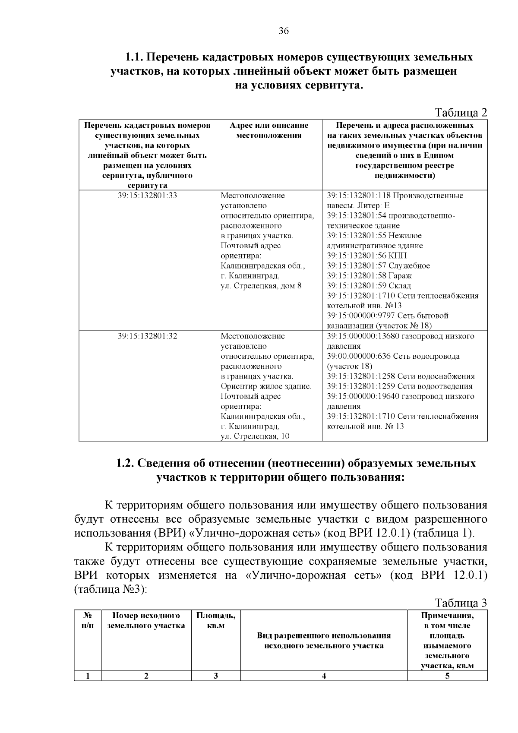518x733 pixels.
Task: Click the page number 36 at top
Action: [284, 31]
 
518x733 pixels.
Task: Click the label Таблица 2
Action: [461, 113]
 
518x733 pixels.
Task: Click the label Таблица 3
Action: [461, 603]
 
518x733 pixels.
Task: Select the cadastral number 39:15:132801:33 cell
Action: [147, 196]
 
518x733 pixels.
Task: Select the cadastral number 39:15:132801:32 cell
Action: [147, 336]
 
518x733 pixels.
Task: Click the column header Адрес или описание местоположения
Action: [268, 130]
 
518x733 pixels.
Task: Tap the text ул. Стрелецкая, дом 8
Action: [261, 286]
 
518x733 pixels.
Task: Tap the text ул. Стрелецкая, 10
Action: [255, 436]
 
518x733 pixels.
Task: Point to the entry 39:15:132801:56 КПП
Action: [367, 256]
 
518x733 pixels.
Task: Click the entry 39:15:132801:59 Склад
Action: [369, 286]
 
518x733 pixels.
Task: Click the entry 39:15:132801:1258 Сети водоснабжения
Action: [401, 376]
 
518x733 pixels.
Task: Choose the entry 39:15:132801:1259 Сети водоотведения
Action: [400, 386]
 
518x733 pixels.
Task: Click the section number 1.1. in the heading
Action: [134, 57]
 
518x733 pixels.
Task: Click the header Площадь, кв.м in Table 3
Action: [216, 620]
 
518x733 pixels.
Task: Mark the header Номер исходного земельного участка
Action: [146, 620]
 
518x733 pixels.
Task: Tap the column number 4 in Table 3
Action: [324, 676]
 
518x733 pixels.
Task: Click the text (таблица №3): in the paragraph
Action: [111, 589]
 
